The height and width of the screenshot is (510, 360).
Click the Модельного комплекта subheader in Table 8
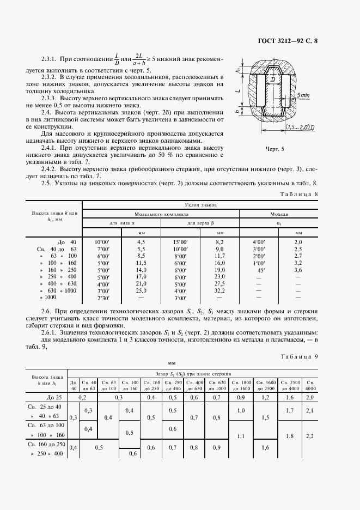tap(161, 214)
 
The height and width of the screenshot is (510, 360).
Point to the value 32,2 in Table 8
tap(219, 291)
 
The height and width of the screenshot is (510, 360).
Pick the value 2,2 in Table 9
tap(310, 436)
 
